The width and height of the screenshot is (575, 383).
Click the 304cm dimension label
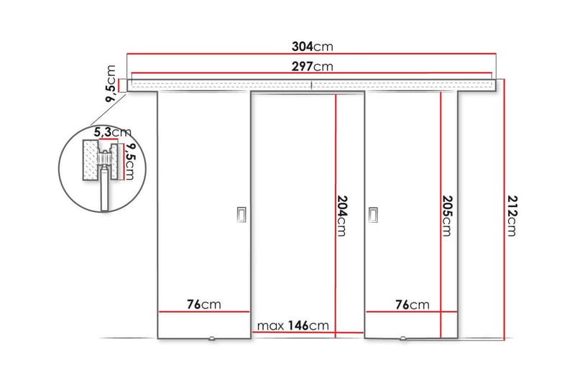pos(312,47)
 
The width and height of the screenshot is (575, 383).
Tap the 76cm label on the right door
pos(413,305)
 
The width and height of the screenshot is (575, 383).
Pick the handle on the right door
pos(373,215)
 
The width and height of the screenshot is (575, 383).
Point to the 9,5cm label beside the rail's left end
pos(111,84)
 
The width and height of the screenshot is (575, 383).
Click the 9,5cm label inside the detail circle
pos(130,162)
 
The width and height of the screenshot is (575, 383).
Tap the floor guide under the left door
pos(211,338)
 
